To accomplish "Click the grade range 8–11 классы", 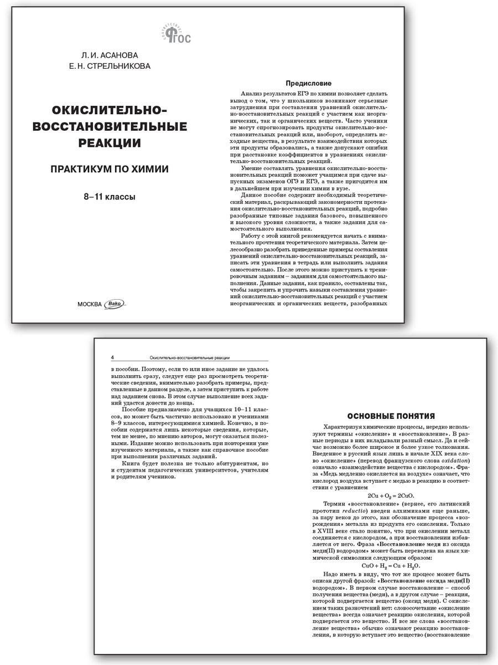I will [x=110, y=196].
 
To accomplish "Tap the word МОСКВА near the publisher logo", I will [x=90, y=303].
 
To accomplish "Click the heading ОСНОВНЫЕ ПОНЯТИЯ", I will [x=390, y=416].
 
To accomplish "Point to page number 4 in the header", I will [x=113, y=357].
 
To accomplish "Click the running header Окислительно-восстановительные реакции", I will [x=185, y=357].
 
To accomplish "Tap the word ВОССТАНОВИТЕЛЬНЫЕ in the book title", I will [x=110, y=127].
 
